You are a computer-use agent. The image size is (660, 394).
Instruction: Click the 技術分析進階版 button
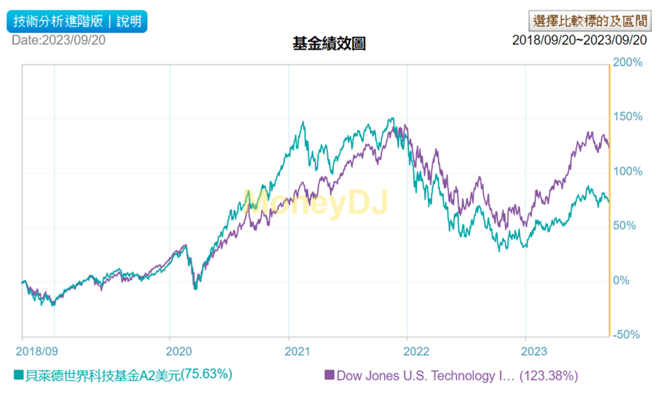[x=58, y=21]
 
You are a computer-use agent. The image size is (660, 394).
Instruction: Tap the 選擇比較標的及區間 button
[x=590, y=21]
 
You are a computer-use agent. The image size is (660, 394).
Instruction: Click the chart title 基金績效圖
[x=329, y=43]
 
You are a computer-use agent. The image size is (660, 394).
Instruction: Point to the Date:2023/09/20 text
[x=58, y=40]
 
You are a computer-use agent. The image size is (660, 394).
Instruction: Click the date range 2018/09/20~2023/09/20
[x=579, y=40]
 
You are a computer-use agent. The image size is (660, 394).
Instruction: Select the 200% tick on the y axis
[x=628, y=63]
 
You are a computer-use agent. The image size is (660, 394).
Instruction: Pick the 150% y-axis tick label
[x=628, y=117]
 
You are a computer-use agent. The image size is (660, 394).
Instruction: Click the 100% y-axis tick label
[x=628, y=171]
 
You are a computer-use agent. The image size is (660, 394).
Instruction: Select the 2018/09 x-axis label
[x=37, y=352]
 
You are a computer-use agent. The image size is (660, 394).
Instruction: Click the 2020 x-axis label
[x=178, y=352]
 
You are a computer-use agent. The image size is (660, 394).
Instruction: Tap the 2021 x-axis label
[x=297, y=352]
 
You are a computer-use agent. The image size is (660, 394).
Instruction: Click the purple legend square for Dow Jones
[x=329, y=375]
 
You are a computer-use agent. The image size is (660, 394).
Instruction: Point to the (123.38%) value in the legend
[x=548, y=375]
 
